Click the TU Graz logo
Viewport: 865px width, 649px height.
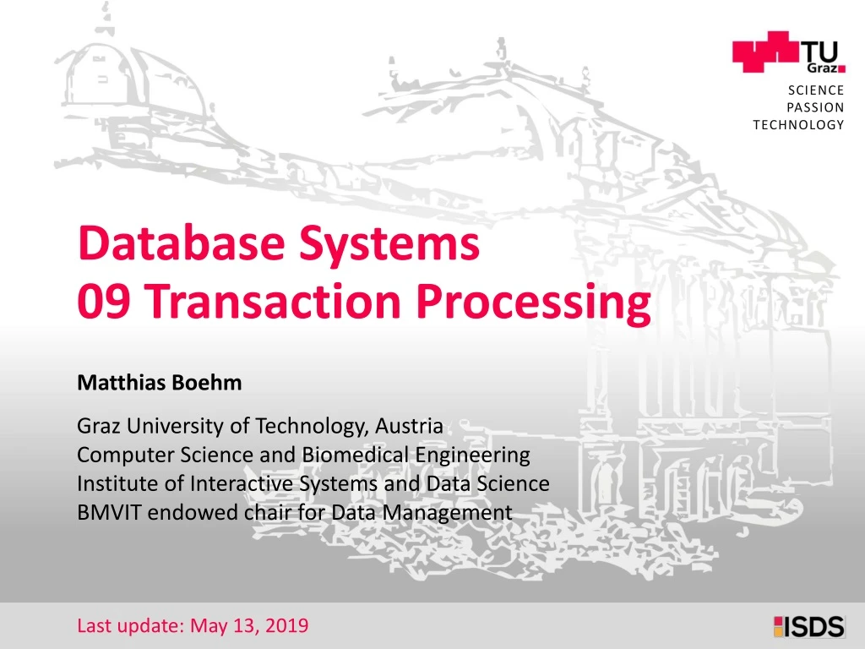coord(789,52)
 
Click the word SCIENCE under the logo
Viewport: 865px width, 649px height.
coord(816,90)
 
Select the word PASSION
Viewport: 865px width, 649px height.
coord(815,107)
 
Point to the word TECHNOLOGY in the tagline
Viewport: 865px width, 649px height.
coord(798,125)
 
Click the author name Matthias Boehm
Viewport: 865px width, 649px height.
coord(159,383)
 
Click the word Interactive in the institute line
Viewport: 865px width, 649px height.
coord(233,483)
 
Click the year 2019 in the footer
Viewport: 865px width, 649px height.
coord(287,626)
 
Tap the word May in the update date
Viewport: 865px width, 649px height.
coord(207,626)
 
